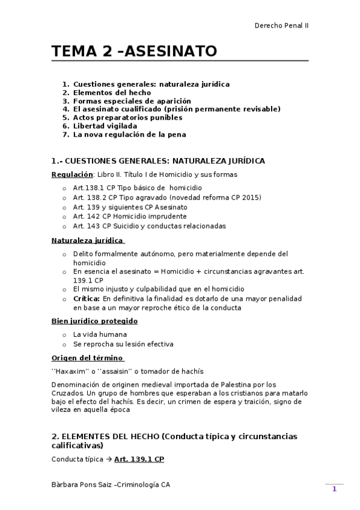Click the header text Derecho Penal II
click(282, 25)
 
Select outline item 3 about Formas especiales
click(131, 101)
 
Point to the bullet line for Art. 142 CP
click(129, 216)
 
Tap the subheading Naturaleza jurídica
click(88, 241)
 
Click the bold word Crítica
click(86, 298)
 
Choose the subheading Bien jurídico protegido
click(94, 321)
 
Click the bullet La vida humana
click(100, 334)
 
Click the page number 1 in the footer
click(334, 490)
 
